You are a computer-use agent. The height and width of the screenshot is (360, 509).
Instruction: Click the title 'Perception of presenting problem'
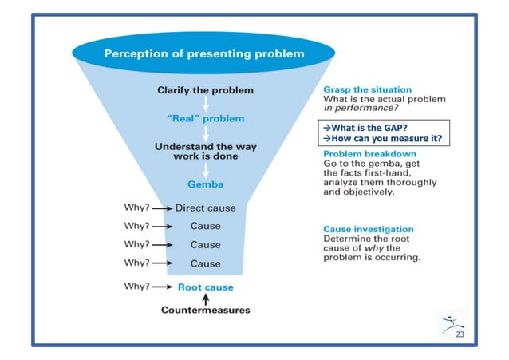[x=205, y=54]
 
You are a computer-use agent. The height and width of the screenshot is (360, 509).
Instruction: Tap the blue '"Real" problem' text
[x=206, y=118]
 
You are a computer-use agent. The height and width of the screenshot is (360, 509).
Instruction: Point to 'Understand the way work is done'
[x=205, y=152]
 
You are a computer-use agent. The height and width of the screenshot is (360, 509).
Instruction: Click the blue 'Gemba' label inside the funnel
[x=205, y=184]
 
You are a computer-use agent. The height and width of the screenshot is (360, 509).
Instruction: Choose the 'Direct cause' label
[x=205, y=208]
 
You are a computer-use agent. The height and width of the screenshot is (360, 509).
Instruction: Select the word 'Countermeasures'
[x=206, y=310]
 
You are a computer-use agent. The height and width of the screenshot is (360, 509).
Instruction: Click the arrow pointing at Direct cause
[x=162, y=208]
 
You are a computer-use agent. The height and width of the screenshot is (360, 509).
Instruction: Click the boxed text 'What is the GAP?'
[x=365, y=127]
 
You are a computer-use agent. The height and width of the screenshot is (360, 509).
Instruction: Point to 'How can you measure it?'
[x=381, y=138]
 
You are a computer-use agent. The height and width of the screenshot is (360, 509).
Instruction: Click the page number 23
[x=460, y=334]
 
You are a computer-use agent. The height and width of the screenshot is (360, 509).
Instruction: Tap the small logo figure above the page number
[x=451, y=320]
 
